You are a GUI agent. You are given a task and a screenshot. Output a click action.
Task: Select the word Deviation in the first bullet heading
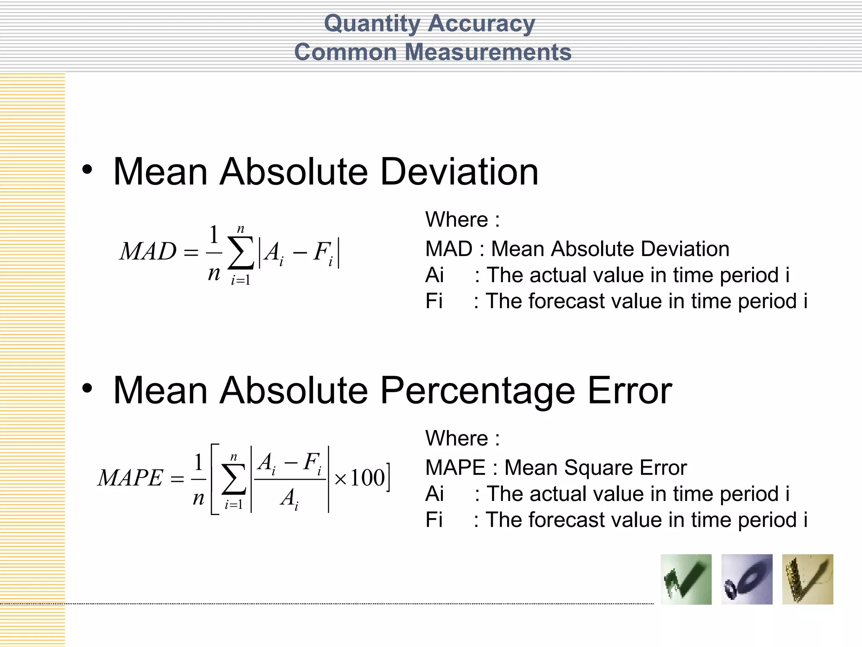tap(459, 171)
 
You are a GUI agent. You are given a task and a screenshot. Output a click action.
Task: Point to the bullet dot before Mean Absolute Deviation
tap(87, 170)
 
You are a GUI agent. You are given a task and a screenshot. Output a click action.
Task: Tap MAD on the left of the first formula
tap(148, 251)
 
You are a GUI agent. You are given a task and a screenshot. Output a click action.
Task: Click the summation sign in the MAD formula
tap(241, 252)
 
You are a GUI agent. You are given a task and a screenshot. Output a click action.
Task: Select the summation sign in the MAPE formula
tap(234, 479)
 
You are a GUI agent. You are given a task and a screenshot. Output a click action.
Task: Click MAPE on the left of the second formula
tap(130, 478)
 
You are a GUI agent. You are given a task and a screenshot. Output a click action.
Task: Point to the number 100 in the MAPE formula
tap(367, 478)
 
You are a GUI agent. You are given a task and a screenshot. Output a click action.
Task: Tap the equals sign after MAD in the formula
tap(191, 253)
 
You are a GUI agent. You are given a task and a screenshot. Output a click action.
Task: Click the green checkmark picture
tap(686, 579)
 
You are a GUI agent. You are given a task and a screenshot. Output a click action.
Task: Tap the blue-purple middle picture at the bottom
tap(747, 579)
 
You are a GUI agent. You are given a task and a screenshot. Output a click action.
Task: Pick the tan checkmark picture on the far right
tap(807, 579)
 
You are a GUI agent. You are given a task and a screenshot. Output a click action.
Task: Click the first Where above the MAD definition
tap(457, 219)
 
